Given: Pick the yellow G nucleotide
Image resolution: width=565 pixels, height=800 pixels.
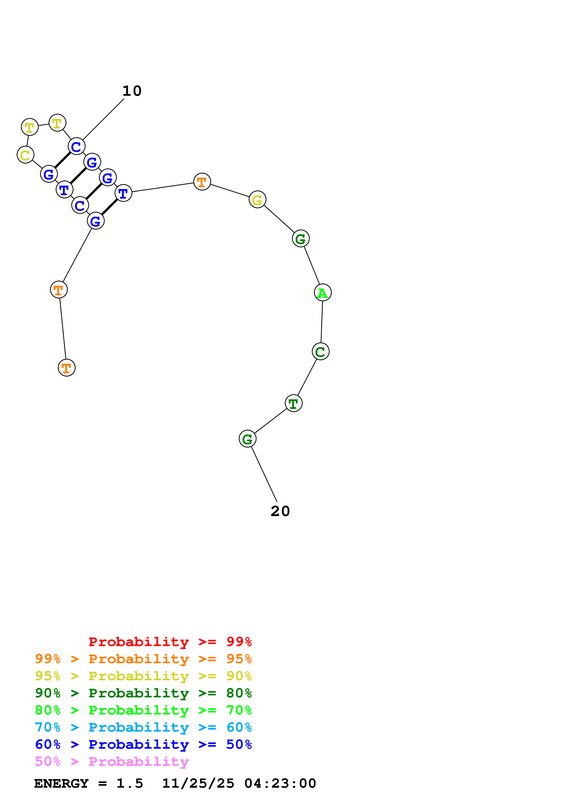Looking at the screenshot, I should click(257, 200).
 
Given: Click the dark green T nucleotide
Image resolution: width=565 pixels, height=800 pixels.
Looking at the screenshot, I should click(294, 403).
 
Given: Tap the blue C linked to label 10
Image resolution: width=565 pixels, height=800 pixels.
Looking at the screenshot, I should click(76, 146).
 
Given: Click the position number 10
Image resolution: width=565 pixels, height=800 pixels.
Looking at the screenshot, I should click(132, 91).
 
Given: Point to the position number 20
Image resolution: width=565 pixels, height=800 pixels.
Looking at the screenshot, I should click(280, 511).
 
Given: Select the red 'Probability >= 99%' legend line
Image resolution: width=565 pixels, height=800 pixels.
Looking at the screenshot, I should click(170, 642).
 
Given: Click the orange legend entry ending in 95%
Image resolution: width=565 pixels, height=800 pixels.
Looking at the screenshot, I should click(143, 659).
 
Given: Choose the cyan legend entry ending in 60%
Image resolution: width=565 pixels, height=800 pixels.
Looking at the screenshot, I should click(143, 727).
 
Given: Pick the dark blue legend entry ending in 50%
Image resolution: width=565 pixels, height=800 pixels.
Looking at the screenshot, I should click(143, 744).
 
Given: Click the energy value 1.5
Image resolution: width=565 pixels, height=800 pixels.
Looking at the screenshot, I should click(129, 783).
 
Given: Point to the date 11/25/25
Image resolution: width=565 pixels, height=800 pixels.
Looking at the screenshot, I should click(198, 783).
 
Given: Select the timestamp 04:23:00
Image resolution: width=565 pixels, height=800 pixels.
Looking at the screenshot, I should click(280, 783).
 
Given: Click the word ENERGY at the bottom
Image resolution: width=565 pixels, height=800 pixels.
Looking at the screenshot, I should click(61, 783).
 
